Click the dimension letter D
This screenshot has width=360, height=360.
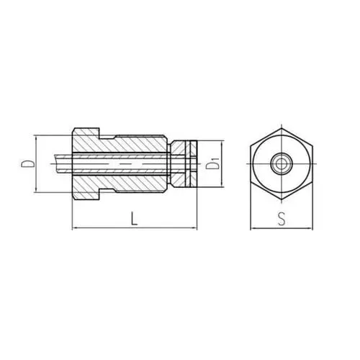(27, 163)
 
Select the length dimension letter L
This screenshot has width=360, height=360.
(135, 217)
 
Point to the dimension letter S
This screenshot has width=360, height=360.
(282, 219)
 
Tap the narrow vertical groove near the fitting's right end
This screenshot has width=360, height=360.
(185, 164)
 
